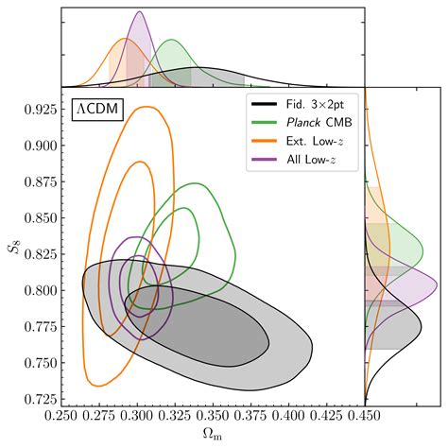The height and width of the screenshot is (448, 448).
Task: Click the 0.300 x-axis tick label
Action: [x=139, y=414]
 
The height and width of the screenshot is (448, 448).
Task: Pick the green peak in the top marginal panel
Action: [x=171, y=41]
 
